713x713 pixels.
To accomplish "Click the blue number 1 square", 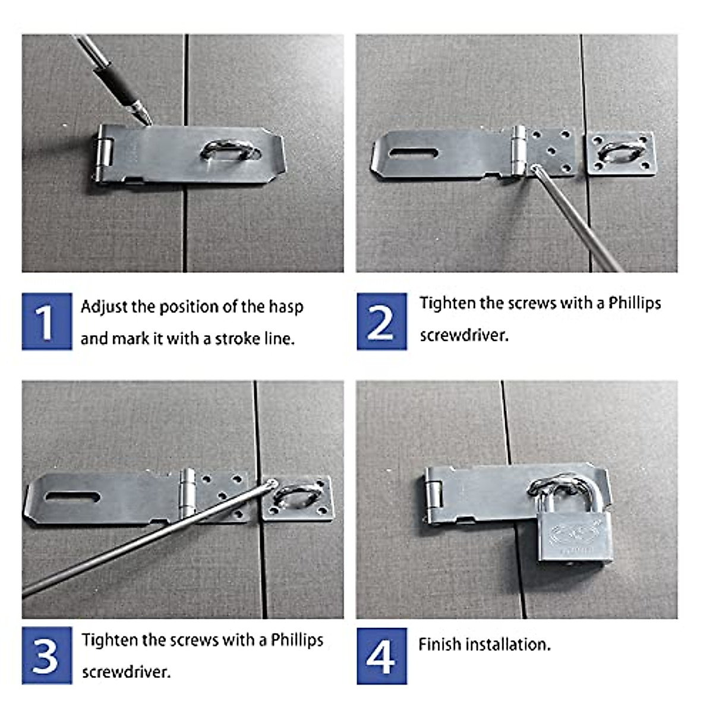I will [47, 321].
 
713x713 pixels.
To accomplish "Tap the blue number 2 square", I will [381, 321].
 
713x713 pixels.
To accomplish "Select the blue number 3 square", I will [47, 655].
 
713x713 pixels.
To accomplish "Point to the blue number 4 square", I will [381, 656].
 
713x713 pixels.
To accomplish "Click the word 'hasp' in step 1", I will [286, 307].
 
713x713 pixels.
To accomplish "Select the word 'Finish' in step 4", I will [440, 644].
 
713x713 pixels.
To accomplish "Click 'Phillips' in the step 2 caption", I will [634, 303].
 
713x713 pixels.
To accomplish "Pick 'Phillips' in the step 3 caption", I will [297, 640].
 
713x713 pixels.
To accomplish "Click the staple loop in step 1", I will [231, 151].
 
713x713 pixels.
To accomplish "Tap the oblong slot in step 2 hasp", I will [414, 153].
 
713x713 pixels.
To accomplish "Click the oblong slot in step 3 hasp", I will [72, 496].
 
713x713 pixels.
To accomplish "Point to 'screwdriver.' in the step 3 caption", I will [126, 672].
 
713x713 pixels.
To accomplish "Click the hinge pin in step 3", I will [188, 493].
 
